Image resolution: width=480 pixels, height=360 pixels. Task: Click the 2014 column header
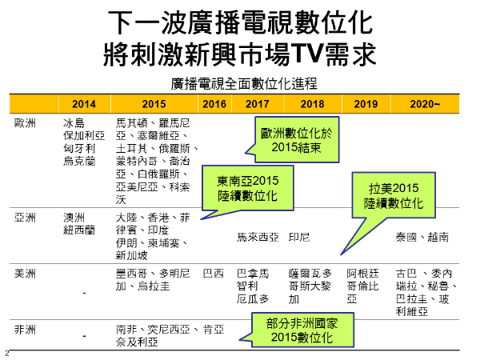tap(84, 104)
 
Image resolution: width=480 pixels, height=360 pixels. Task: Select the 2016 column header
tap(214, 104)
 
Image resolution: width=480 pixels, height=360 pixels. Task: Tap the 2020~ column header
tap(425, 104)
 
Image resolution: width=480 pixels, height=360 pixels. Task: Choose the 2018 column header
tap(312, 104)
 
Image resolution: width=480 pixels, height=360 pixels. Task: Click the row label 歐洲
tap(25, 123)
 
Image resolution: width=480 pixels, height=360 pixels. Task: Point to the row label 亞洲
tap(25, 218)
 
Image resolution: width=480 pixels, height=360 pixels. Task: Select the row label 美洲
tap(25, 274)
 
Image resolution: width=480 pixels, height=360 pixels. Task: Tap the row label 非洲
tap(25, 330)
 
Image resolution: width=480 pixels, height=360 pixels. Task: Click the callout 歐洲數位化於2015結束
tap(296, 139)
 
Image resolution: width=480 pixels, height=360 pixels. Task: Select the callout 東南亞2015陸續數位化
tap(248, 188)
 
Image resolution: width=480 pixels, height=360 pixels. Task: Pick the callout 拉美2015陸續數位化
tap(394, 195)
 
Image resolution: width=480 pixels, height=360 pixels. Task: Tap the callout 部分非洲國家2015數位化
tap(302, 330)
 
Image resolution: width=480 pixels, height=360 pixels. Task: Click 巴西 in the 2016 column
tap(214, 274)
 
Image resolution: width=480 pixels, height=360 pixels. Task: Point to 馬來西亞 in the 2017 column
tap(258, 237)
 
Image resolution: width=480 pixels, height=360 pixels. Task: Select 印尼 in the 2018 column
tap(299, 237)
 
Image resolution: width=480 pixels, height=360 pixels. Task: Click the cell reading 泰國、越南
tap(422, 237)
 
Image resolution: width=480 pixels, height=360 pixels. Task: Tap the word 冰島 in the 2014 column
tap(74, 123)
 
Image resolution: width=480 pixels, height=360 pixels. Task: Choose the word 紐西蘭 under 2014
tap(79, 230)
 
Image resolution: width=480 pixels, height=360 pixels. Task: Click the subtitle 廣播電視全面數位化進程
tap(244, 83)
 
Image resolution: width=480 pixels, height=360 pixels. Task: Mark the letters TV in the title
tap(307, 54)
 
